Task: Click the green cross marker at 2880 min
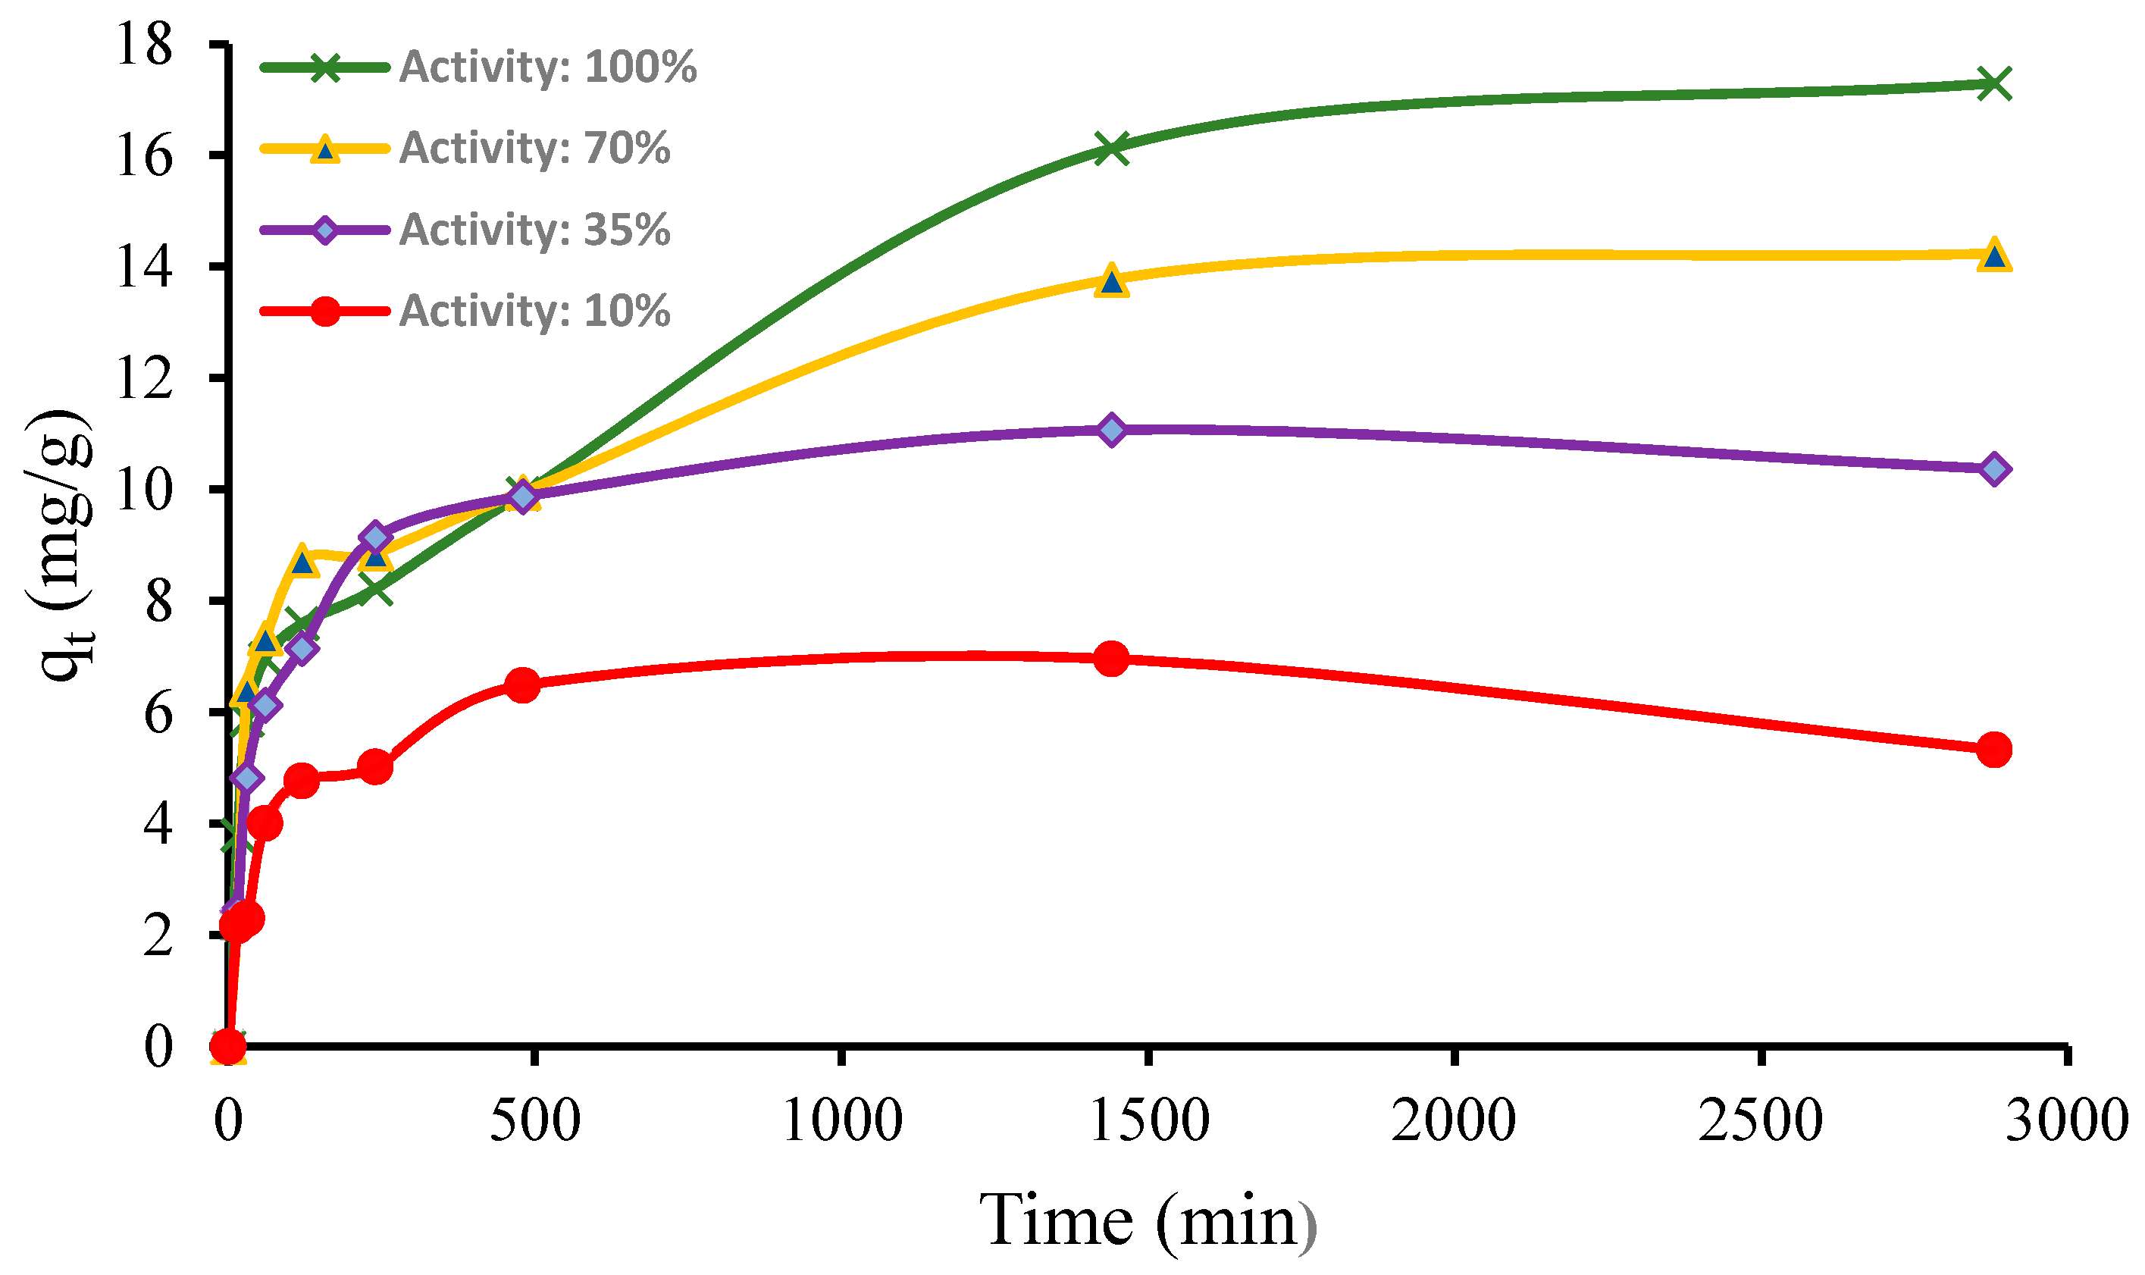coord(1993,83)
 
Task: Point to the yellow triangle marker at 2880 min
coord(1993,255)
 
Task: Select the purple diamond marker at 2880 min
coord(1993,469)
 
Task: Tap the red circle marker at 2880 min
coord(1993,749)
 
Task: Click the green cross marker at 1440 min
coord(1112,148)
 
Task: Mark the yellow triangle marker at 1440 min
coord(1112,281)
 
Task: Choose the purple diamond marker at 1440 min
coord(1112,429)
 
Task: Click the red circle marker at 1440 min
coord(1112,659)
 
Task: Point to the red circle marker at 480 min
coord(522,684)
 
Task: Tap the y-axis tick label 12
coord(144,378)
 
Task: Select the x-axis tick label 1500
coord(1148,1120)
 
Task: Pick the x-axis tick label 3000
coord(2066,1120)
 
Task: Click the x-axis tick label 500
coord(534,1120)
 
